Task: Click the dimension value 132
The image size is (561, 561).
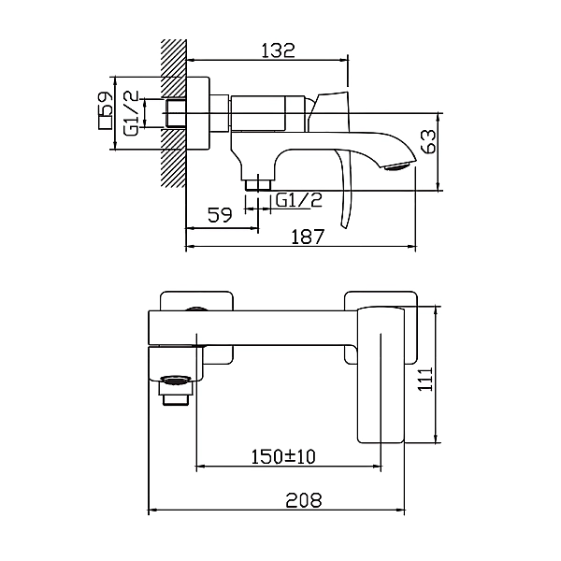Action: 279,50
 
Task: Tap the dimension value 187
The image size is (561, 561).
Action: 308,237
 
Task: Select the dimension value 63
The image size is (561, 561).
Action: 429,141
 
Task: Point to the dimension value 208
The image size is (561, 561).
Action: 304,500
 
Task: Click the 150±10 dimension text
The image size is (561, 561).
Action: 283,456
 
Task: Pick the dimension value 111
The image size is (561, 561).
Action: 425,379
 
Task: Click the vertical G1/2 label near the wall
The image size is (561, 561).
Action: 131,113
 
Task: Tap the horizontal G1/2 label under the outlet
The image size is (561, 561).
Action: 299,200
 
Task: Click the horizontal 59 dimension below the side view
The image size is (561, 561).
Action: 220,215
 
